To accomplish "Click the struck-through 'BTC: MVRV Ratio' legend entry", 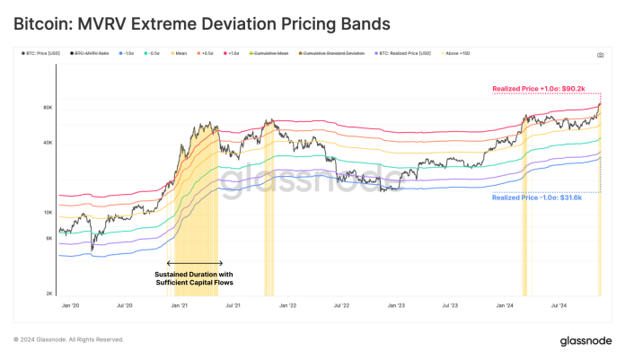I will (94, 55).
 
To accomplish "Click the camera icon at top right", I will (600, 55).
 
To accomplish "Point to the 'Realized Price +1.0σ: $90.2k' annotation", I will (537, 89).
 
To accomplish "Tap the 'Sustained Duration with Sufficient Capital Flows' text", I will (194, 278).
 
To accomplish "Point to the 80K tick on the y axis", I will (48, 108).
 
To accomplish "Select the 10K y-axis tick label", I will (48, 213).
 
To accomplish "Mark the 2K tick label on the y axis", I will (49, 294).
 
